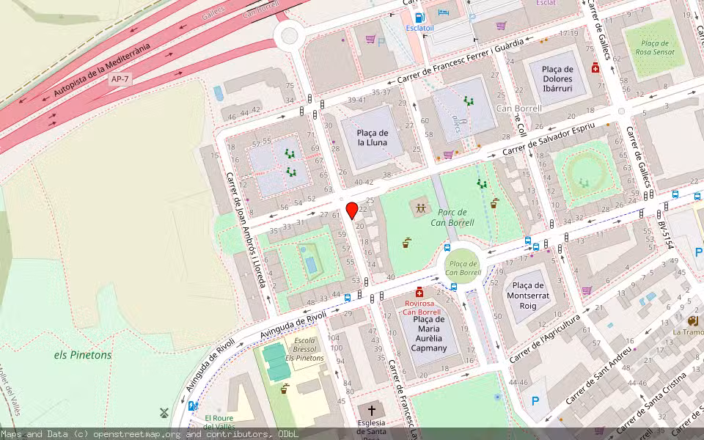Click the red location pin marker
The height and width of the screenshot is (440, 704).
point(352,210)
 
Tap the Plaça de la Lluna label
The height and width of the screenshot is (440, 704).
point(373,137)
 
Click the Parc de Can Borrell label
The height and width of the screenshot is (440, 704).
point(452,218)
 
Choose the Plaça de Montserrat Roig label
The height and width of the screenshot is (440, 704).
point(527,296)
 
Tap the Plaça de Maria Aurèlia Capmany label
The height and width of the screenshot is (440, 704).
point(429,333)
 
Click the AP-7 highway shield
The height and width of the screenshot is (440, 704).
point(119,78)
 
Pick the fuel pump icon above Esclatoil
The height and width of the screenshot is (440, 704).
point(419,18)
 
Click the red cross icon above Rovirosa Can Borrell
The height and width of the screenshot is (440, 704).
point(419,292)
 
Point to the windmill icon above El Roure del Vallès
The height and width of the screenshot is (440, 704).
point(164,413)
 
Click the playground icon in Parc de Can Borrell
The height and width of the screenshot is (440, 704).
point(420,208)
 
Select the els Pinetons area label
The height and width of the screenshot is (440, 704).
point(83,355)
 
